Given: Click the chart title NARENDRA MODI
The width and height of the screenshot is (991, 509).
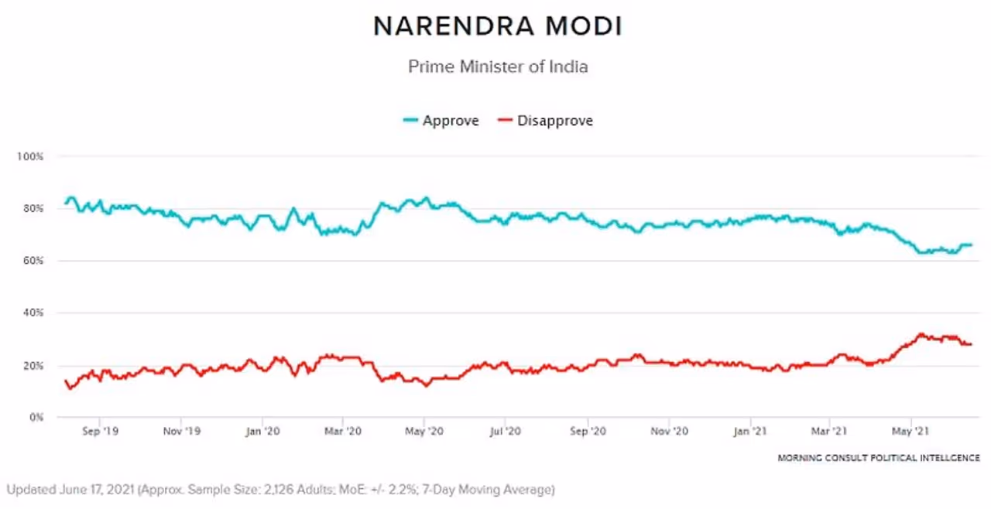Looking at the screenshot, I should tap(497, 26).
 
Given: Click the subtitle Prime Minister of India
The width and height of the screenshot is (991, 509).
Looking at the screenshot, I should tap(497, 67).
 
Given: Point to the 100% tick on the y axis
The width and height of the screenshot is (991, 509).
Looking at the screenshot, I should tap(30, 156).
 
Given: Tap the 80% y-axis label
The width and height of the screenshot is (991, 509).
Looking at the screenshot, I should tap(32, 209).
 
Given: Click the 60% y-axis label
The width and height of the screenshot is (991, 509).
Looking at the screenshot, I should tap(32, 261).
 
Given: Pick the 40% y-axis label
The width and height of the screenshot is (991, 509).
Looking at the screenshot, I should tap(32, 313).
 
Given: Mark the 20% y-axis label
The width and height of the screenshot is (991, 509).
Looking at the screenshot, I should tap(32, 365).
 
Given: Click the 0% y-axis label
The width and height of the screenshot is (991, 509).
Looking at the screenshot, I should tap(35, 418).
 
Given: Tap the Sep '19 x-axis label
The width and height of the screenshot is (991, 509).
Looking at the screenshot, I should tap(100, 431).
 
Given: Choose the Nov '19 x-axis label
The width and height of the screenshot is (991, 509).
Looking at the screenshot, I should tap(182, 431).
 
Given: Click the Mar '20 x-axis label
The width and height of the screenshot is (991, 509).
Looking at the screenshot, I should tap(343, 431).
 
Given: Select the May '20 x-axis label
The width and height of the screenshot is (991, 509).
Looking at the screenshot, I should tap(424, 431).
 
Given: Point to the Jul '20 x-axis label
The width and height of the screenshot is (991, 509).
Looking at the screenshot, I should tap(505, 431).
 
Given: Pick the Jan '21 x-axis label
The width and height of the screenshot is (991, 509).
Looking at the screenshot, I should tap(750, 431).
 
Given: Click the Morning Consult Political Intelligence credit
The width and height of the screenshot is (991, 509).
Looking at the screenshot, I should tap(879, 458).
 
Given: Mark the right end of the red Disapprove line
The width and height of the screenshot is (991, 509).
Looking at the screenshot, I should tap(971, 344).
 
